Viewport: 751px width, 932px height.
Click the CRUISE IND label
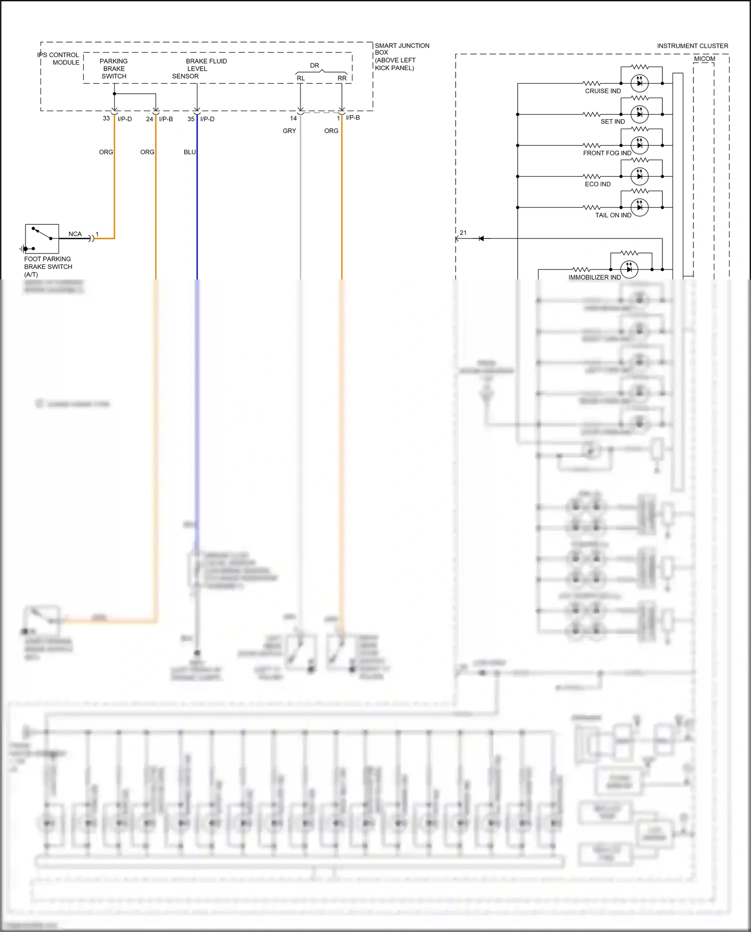(603, 91)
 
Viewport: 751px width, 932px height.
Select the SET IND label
(612, 122)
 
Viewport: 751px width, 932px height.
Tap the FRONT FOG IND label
(607, 153)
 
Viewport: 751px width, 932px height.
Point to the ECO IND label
(598, 184)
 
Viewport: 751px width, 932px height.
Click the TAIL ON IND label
(613, 215)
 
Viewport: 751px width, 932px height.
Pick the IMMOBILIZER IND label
(594, 277)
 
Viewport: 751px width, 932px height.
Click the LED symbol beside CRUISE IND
(639, 83)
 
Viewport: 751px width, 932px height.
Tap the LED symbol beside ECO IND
(639, 176)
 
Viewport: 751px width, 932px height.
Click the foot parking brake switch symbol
(42, 239)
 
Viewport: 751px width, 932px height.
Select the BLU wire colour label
(190, 152)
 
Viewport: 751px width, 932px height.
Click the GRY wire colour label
(289, 131)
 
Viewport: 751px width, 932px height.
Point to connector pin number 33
(106, 119)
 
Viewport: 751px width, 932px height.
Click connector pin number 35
(191, 119)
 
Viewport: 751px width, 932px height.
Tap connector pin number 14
(293, 119)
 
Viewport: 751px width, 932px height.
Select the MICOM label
(704, 59)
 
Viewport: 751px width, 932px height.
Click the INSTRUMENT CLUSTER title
(692, 46)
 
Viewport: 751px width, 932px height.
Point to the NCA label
(75, 234)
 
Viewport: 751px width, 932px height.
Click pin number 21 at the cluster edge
(463, 233)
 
